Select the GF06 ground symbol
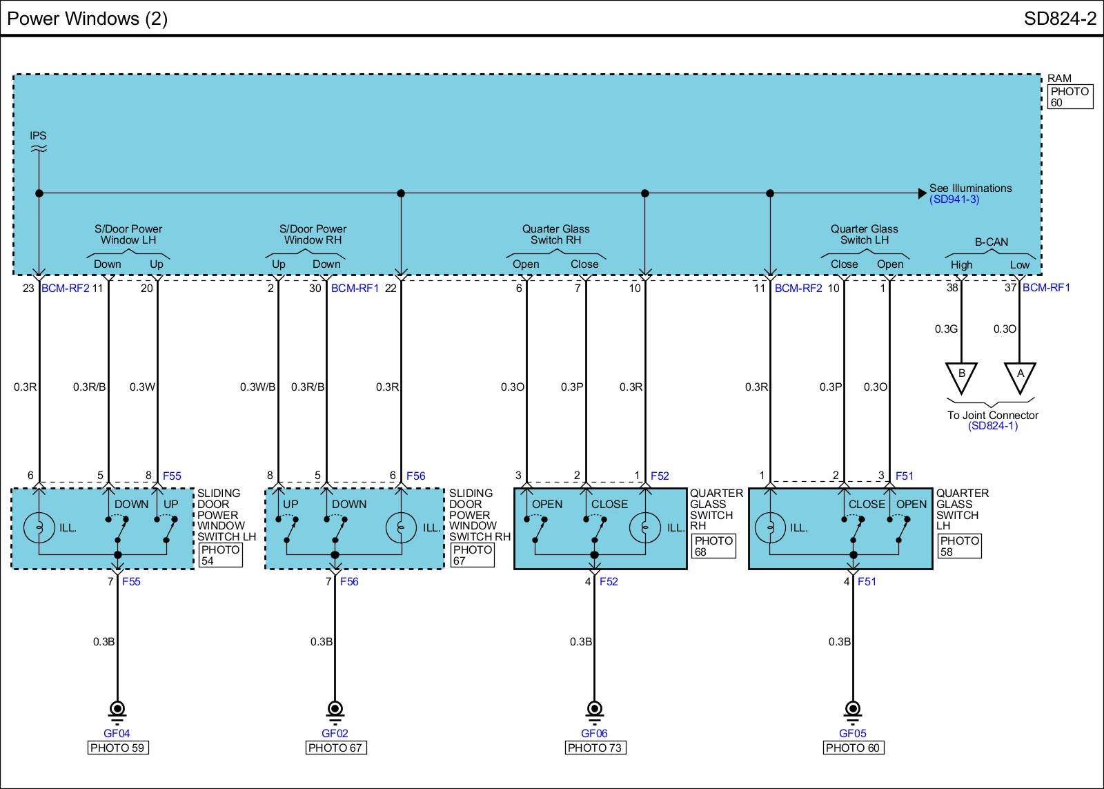[594, 710]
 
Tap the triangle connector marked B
[961, 376]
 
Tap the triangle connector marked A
[1020, 376]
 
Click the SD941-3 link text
[954, 199]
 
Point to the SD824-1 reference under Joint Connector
[992, 425]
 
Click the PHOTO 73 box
[595, 748]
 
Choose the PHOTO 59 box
[118, 748]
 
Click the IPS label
[38, 135]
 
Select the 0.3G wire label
[946, 329]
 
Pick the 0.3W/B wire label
[257, 387]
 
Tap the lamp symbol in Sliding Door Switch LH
[39, 528]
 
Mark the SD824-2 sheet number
[1060, 19]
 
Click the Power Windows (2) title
[88, 19]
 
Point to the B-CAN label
[991, 242]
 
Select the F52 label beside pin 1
[660, 476]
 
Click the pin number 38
[952, 287]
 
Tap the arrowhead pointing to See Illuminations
[923, 193]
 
